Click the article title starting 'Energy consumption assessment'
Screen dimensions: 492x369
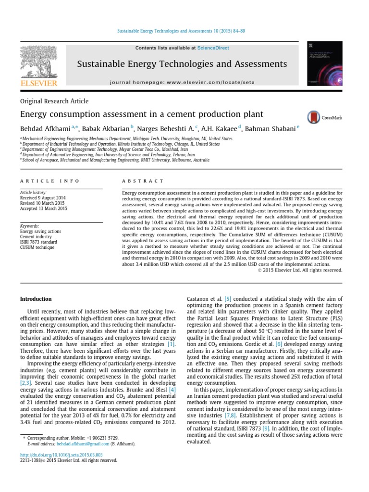tap(141, 114)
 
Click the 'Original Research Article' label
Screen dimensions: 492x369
tap(54, 101)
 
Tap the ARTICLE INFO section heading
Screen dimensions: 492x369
tap(42, 181)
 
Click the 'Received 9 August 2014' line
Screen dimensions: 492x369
tap(43, 198)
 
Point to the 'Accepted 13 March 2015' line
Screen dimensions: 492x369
tap(44, 209)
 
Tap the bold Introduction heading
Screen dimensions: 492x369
tap(36, 299)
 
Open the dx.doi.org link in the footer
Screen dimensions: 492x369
tap(61, 454)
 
